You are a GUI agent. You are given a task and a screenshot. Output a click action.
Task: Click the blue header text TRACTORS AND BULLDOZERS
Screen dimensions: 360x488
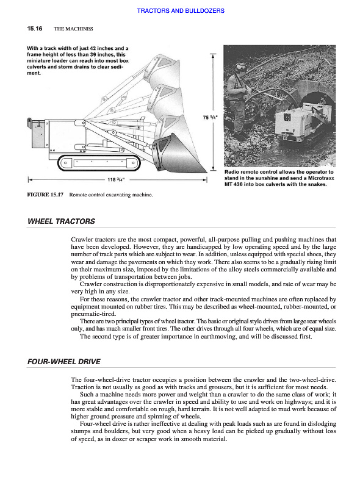181,11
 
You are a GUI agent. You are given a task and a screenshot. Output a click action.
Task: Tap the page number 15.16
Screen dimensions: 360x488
35,29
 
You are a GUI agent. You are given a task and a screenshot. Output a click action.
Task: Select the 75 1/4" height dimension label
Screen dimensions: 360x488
211,118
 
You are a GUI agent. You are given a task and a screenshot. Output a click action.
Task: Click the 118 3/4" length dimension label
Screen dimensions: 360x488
116,179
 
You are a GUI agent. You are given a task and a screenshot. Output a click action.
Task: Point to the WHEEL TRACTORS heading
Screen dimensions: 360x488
62,221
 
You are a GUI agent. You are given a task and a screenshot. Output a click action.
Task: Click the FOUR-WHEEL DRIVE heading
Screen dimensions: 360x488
64,362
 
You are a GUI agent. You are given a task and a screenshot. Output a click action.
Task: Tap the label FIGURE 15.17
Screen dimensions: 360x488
45,195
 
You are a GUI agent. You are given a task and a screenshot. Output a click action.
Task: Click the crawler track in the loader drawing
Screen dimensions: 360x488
99,163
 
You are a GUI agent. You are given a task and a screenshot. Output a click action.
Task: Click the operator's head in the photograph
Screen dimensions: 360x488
241,68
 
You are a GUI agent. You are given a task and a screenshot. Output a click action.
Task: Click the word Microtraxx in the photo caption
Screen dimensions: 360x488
321,178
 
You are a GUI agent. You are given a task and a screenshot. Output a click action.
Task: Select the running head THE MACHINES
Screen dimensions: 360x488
73,29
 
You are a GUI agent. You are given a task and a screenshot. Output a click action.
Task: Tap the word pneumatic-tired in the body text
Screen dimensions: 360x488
93,314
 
